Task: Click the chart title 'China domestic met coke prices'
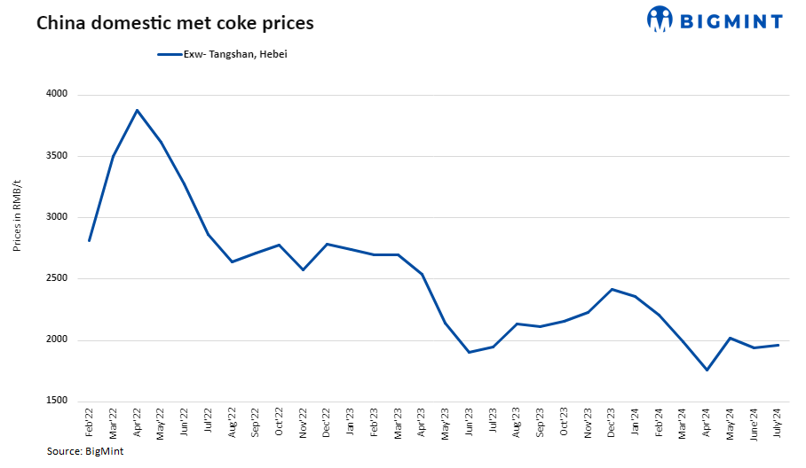175,23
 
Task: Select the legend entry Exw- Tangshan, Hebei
222,54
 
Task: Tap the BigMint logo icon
660,19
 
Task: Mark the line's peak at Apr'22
137,110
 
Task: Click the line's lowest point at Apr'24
707,370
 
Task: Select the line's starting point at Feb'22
90,240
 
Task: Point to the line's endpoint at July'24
778,345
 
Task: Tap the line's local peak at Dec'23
612,289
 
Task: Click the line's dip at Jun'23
470,352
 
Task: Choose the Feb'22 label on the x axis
90,425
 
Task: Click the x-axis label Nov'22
304,425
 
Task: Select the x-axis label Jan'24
636,425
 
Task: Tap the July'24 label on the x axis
778,425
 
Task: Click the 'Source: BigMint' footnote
85,452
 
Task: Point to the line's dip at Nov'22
304,269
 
